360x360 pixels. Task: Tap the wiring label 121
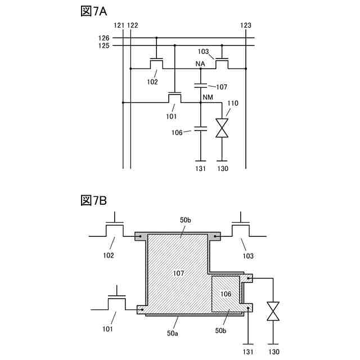coord(119,25)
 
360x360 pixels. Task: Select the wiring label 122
coord(133,25)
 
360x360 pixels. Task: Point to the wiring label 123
coord(246,25)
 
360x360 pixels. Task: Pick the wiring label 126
coord(103,38)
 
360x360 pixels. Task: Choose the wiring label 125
coord(103,45)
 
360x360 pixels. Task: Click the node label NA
coord(200,64)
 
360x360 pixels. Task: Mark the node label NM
coord(206,98)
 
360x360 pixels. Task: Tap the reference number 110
coord(233,103)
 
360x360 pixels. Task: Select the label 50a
coord(173,334)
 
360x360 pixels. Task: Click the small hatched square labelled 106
coord(226,295)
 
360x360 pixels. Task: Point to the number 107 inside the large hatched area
coord(179,273)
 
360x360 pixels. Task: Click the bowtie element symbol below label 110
coord(223,128)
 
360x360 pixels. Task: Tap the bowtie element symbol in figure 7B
coord(273,311)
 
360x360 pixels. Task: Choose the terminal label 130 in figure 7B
coord(273,352)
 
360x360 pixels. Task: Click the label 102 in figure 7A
coord(152,82)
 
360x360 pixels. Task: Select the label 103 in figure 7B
coord(247,255)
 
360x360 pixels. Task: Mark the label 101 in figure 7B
coord(107,329)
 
